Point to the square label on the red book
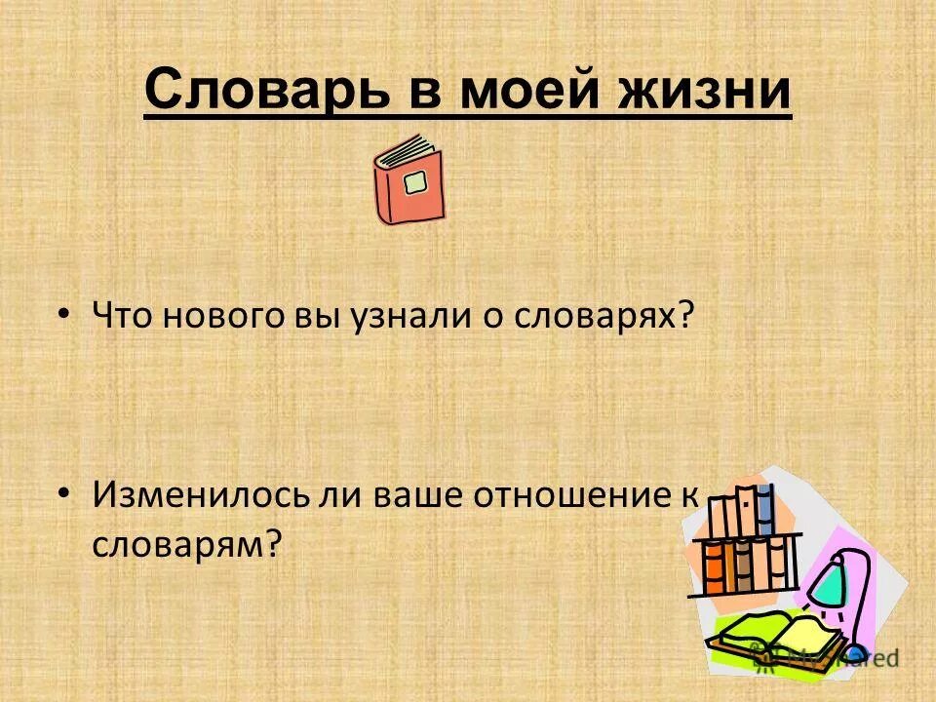(x=416, y=182)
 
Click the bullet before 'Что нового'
(x=64, y=314)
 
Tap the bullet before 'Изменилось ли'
(x=64, y=494)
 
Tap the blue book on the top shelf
(x=765, y=509)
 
